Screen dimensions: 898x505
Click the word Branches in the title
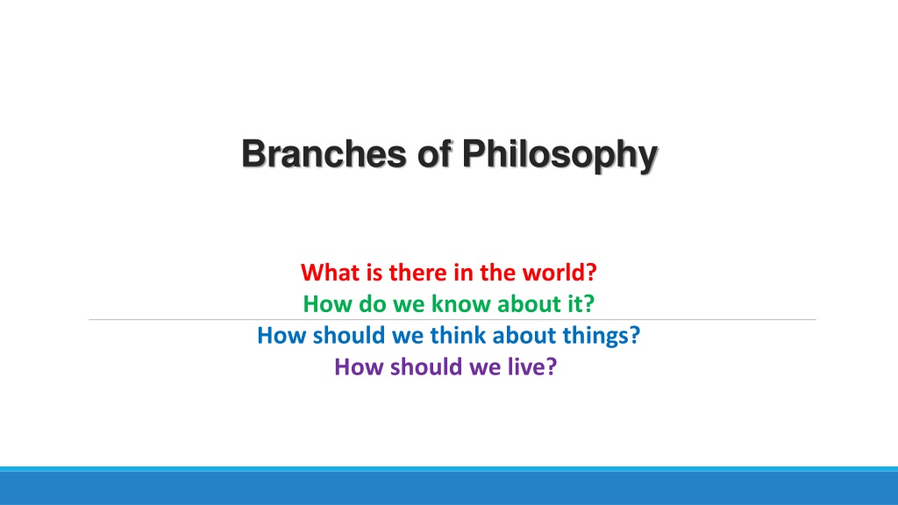(x=324, y=153)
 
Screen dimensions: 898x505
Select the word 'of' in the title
(x=435, y=153)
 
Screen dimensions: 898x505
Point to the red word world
(x=553, y=273)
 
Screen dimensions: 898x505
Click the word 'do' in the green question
(x=373, y=304)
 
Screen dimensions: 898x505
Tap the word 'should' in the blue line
(x=349, y=336)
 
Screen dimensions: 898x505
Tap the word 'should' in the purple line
(x=426, y=367)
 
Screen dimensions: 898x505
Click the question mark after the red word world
(x=591, y=273)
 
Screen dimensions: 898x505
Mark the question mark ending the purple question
(x=551, y=367)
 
